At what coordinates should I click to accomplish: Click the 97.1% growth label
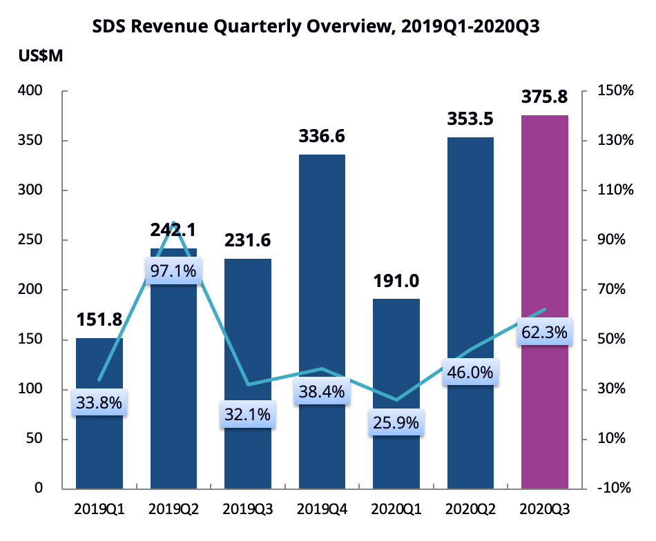(x=173, y=271)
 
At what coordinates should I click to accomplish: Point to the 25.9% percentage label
(x=396, y=422)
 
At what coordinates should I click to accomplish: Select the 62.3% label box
(x=545, y=333)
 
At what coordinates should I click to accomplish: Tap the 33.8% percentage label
(x=99, y=402)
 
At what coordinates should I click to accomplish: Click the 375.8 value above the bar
(x=545, y=99)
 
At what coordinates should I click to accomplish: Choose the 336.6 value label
(x=322, y=137)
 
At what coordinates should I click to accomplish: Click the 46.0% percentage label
(x=470, y=373)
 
